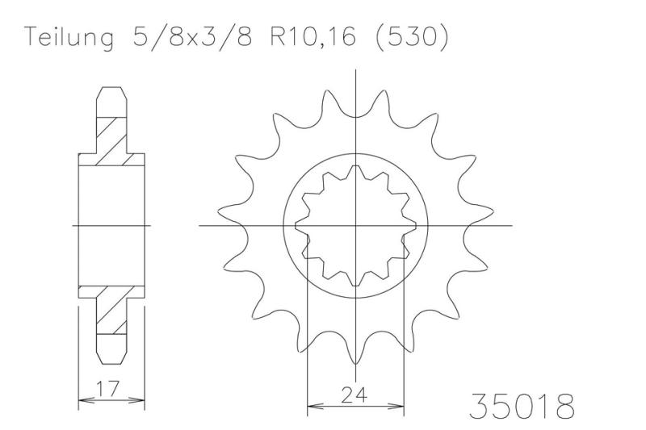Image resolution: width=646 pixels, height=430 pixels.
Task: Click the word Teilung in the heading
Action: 69,37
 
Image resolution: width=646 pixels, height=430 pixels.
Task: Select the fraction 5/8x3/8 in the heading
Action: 192,37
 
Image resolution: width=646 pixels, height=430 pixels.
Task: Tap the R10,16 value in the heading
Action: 313,37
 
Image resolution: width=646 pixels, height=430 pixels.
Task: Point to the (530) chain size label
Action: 412,37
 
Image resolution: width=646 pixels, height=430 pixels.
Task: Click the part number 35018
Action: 522,406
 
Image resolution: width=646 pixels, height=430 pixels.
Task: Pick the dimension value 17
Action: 108,387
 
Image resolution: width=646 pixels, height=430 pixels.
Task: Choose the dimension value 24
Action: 354,395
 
